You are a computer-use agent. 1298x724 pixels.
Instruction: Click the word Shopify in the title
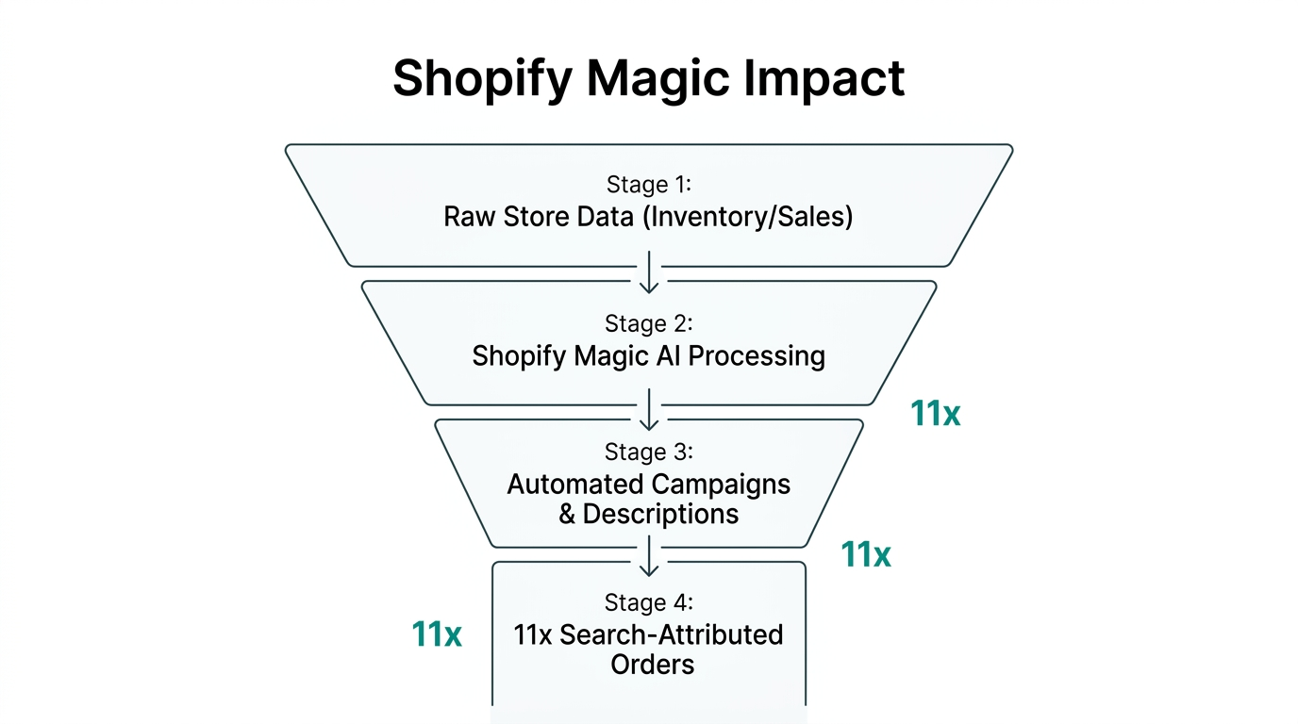(x=482, y=78)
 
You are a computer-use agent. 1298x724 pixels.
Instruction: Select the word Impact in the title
(x=824, y=78)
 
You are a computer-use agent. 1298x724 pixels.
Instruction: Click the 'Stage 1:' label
(x=649, y=185)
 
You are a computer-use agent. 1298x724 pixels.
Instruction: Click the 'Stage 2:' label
(x=649, y=324)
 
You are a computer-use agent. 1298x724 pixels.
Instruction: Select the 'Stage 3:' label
(x=649, y=452)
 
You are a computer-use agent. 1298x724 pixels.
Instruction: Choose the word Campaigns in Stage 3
(x=722, y=485)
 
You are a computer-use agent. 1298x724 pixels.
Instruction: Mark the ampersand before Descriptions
(x=567, y=515)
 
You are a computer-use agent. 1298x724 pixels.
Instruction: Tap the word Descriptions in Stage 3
(x=660, y=515)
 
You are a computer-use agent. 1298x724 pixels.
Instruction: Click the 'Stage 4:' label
(x=649, y=602)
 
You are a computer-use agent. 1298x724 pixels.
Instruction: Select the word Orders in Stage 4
(x=652, y=664)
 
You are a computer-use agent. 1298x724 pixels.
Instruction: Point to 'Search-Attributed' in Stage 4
(x=671, y=634)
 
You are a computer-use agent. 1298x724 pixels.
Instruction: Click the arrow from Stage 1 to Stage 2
(x=649, y=273)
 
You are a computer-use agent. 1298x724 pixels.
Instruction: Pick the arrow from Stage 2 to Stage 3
(x=649, y=411)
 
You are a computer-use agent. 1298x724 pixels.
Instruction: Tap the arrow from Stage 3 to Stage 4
(x=649, y=555)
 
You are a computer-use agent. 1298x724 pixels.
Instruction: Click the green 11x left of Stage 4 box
(x=437, y=634)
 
